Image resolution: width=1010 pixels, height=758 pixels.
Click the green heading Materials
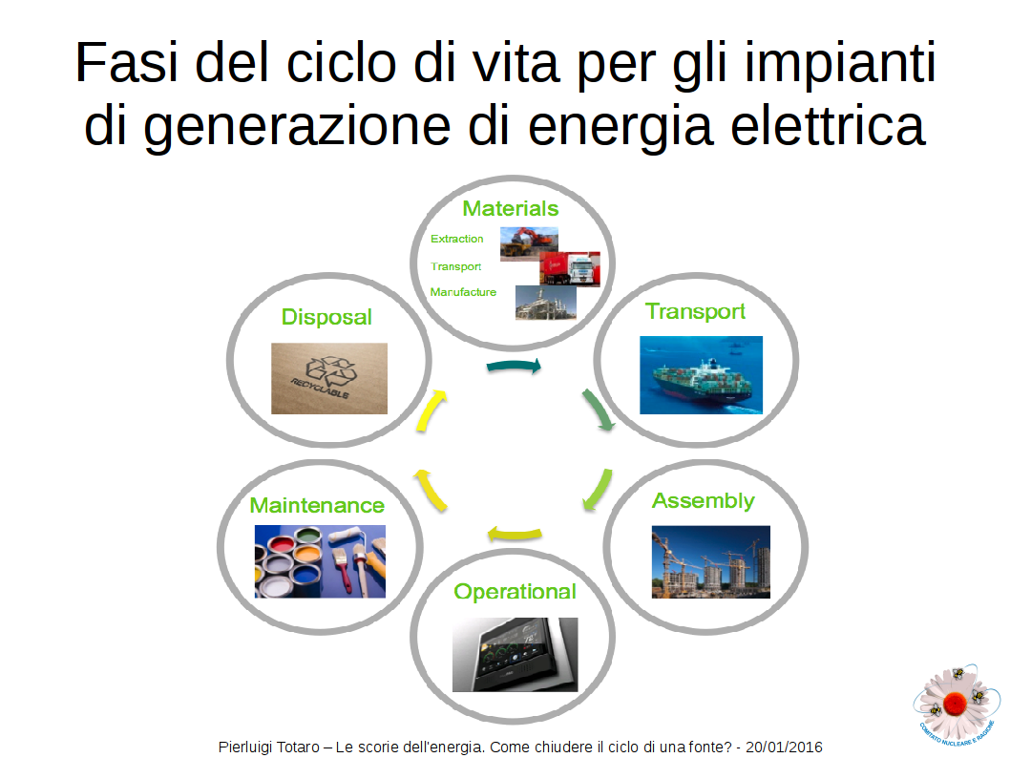tap(510, 209)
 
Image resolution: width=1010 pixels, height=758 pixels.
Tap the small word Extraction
tap(456, 239)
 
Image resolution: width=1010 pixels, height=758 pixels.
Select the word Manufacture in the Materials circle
tap(463, 292)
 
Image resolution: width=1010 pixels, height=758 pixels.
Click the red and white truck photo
tap(569, 268)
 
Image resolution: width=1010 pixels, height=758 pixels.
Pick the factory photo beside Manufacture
tap(546, 303)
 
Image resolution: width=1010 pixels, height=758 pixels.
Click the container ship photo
tap(701, 375)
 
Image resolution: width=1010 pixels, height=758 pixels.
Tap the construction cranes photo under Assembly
tap(710, 562)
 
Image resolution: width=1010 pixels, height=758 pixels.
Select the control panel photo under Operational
tap(515, 654)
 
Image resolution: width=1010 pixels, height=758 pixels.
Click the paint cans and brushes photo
tap(320, 561)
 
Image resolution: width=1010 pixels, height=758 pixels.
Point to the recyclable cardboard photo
tap(329, 378)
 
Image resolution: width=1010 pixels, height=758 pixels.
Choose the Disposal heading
tap(326, 317)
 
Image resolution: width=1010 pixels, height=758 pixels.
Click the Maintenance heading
tap(317, 506)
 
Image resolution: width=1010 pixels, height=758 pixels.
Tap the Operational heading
tap(515, 592)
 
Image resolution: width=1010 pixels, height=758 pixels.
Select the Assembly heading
tap(703, 501)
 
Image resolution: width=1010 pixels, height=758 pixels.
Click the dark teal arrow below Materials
tap(514, 366)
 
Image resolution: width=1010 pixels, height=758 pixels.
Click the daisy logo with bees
tap(957, 704)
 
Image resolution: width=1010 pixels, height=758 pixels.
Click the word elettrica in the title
tap(829, 125)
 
